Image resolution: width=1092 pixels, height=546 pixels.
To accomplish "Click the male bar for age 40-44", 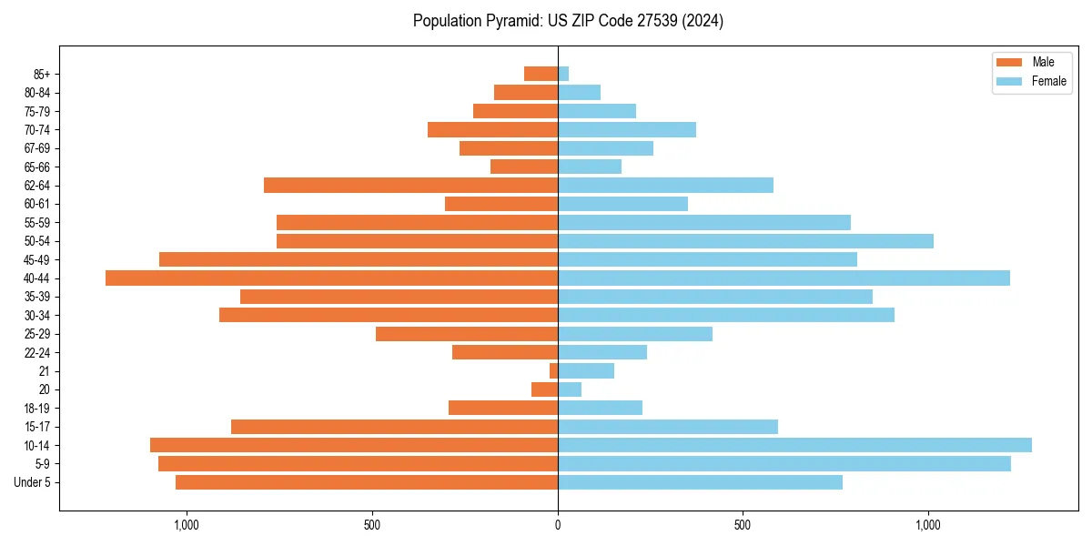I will coord(331,278).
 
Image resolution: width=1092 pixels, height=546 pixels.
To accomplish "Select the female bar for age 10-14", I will coord(794,445).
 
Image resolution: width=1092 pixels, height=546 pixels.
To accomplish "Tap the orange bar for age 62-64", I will coord(410,185).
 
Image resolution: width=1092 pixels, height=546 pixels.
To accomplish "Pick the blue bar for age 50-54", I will coord(745,241).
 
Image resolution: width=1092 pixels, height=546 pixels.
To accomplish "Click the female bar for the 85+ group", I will coord(563,74).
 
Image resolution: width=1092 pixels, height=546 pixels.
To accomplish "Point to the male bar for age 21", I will coord(553,370).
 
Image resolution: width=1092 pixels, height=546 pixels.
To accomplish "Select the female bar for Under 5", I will coord(700,482).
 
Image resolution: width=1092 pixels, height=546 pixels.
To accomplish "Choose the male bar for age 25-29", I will coord(467,334).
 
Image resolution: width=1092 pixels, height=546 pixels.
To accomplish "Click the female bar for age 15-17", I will coord(668,427).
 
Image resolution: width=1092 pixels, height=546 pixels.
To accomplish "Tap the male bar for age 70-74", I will coord(492,129).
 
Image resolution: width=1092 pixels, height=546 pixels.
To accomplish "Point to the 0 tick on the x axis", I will coord(558,525).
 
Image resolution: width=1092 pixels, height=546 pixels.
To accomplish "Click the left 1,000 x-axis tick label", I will coord(186,525).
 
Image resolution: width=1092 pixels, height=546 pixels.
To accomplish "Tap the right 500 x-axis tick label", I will coord(743,525).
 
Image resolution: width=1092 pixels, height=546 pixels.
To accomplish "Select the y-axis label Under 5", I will coord(32,482).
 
